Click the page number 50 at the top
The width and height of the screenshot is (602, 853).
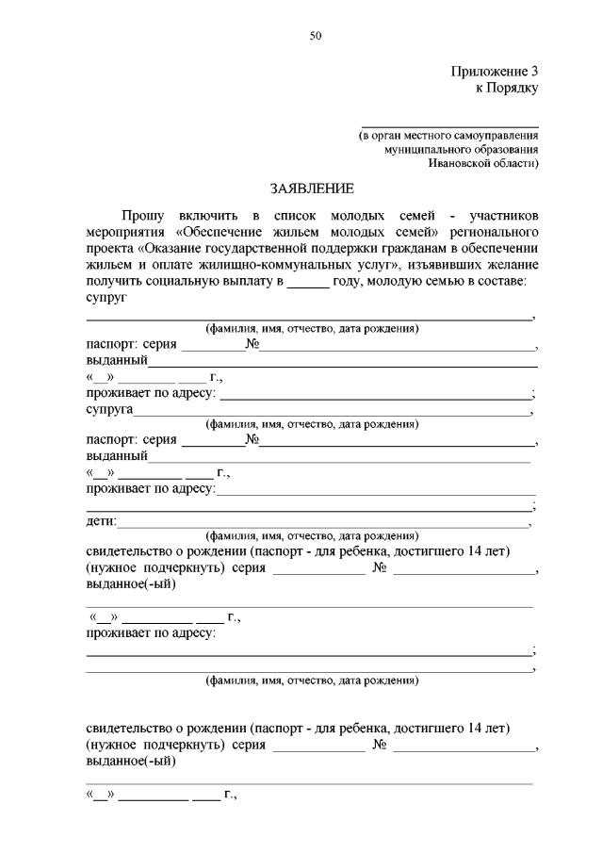[x=316, y=36]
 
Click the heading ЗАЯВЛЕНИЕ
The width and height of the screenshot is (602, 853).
[x=311, y=188]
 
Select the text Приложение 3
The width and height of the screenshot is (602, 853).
[x=495, y=71]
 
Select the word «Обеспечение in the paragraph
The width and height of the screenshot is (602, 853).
[x=218, y=232]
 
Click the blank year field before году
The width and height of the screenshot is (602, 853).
[x=307, y=283]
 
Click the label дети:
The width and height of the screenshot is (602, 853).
[x=101, y=521]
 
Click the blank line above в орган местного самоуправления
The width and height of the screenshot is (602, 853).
[x=450, y=125]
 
